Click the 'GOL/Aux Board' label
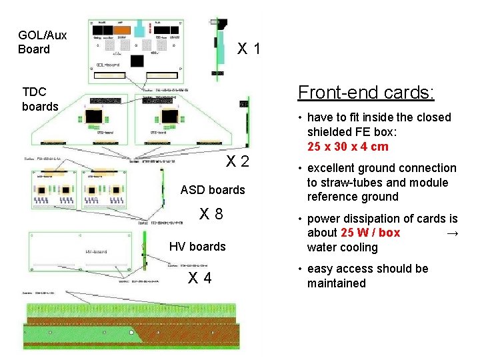[42, 42]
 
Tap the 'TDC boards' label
[40, 99]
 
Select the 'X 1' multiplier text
[249, 49]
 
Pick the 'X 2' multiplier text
[237, 161]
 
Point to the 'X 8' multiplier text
[211, 215]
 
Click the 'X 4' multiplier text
[199, 277]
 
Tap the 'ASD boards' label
[213, 190]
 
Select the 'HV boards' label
[197, 247]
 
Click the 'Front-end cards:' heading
[366, 92]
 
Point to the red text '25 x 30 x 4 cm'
[348, 147]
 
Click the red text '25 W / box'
[370, 233]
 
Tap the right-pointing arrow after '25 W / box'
[452, 233]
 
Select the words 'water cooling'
[342, 247]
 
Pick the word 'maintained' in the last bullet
[336, 283]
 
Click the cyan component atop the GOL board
[139, 27]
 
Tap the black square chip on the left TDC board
[93, 115]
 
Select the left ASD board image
[54, 190]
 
